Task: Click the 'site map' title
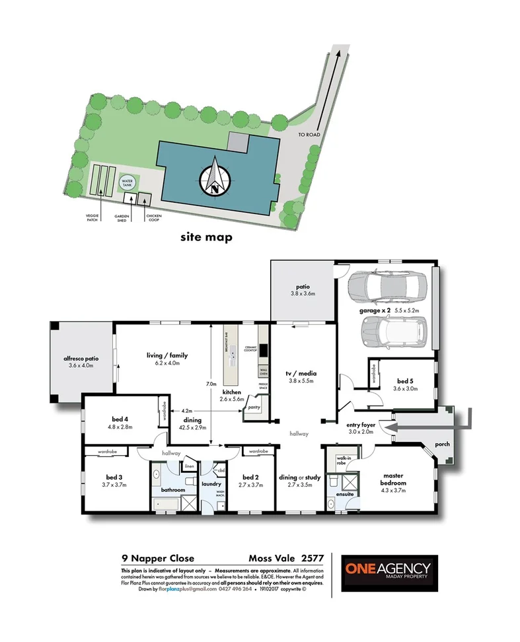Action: tap(206, 237)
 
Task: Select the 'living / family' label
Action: tap(167, 355)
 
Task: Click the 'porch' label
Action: tap(442, 444)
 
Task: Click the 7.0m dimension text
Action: tap(211, 383)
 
